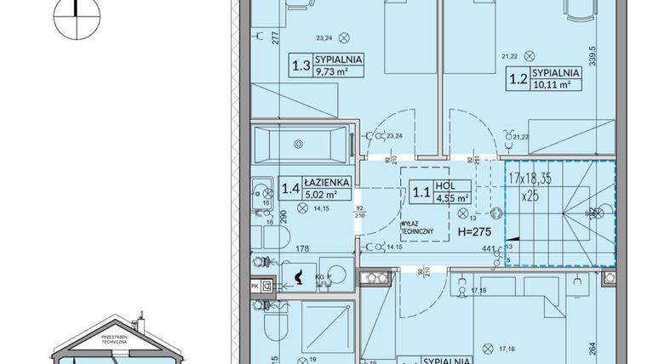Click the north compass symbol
click(x=76, y=18)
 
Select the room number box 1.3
click(x=301, y=65)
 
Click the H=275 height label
click(x=475, y=231)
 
